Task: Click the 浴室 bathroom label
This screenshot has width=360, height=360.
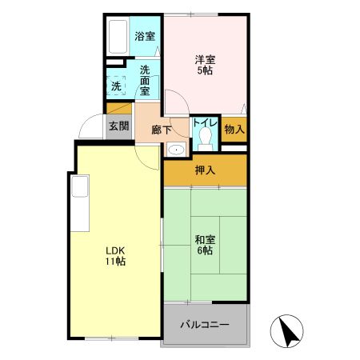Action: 144,36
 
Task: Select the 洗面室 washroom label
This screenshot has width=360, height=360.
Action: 146,80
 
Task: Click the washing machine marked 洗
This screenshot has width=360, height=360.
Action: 117,86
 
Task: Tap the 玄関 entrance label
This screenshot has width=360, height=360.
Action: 118,126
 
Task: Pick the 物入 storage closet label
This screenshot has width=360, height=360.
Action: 234,128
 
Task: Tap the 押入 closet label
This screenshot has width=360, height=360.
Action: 205,170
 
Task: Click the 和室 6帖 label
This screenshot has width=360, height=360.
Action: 204,244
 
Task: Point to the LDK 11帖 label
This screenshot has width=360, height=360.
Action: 114,255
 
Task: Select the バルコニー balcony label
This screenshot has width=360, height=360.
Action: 204,326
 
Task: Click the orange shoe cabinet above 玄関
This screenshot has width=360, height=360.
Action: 118,110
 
